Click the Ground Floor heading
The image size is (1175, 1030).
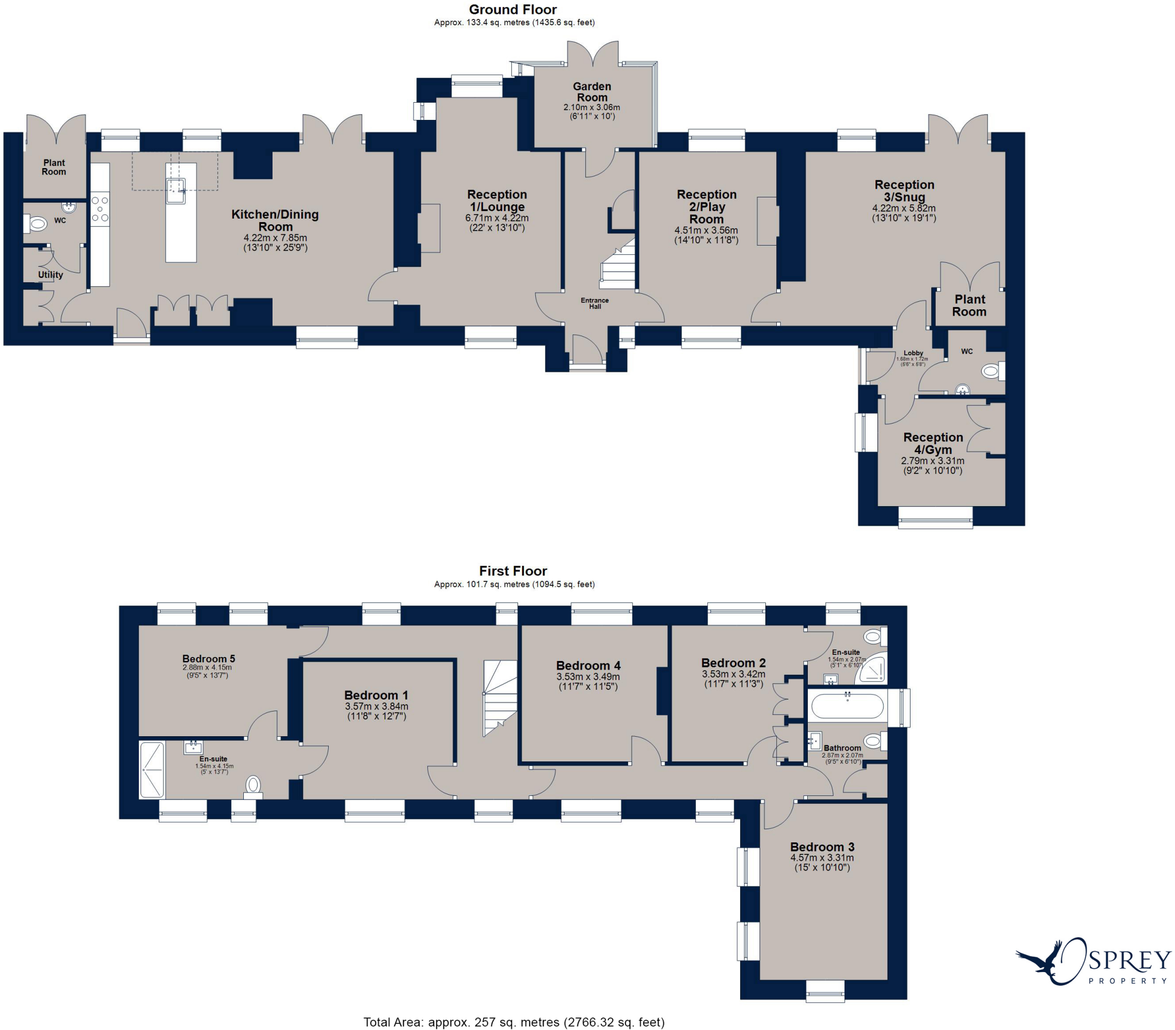512,10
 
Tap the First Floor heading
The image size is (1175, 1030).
513,571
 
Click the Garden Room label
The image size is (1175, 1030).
592,92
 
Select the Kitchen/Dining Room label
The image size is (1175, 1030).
275,220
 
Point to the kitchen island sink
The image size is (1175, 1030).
176,191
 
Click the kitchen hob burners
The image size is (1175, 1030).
100,209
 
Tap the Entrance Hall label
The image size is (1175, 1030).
595,304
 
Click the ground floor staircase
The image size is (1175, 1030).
618,264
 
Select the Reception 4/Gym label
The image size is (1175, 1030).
933,443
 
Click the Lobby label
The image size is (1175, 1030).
913,353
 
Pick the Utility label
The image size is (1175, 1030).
50,275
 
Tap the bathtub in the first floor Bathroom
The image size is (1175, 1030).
847,706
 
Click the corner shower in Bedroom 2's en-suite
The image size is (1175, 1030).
871,670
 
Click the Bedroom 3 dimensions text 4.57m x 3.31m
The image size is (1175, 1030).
822,857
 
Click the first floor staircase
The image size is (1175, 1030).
500,698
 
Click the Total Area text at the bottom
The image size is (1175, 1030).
513,1022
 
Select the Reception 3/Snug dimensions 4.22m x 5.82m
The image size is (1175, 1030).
904,209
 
